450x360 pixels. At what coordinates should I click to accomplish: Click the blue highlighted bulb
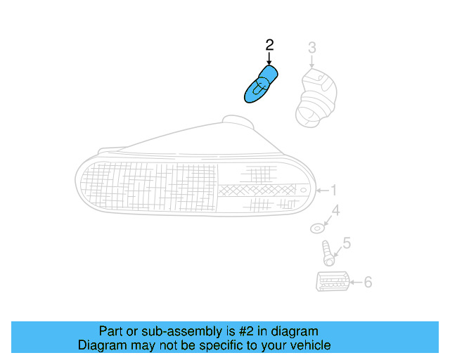point(260,84)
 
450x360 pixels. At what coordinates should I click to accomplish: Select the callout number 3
point(312,48)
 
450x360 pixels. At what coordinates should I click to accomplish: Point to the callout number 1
point(335,190)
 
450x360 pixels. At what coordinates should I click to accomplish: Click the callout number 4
point(335,210)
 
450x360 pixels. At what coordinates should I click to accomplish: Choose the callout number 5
point(346,244)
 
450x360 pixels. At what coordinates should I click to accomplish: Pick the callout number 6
point(367,283)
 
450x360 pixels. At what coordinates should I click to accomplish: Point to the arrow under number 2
point(269,59)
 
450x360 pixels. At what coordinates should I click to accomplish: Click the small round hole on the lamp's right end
point(303,191)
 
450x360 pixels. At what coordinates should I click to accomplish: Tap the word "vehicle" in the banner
point(309,345)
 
